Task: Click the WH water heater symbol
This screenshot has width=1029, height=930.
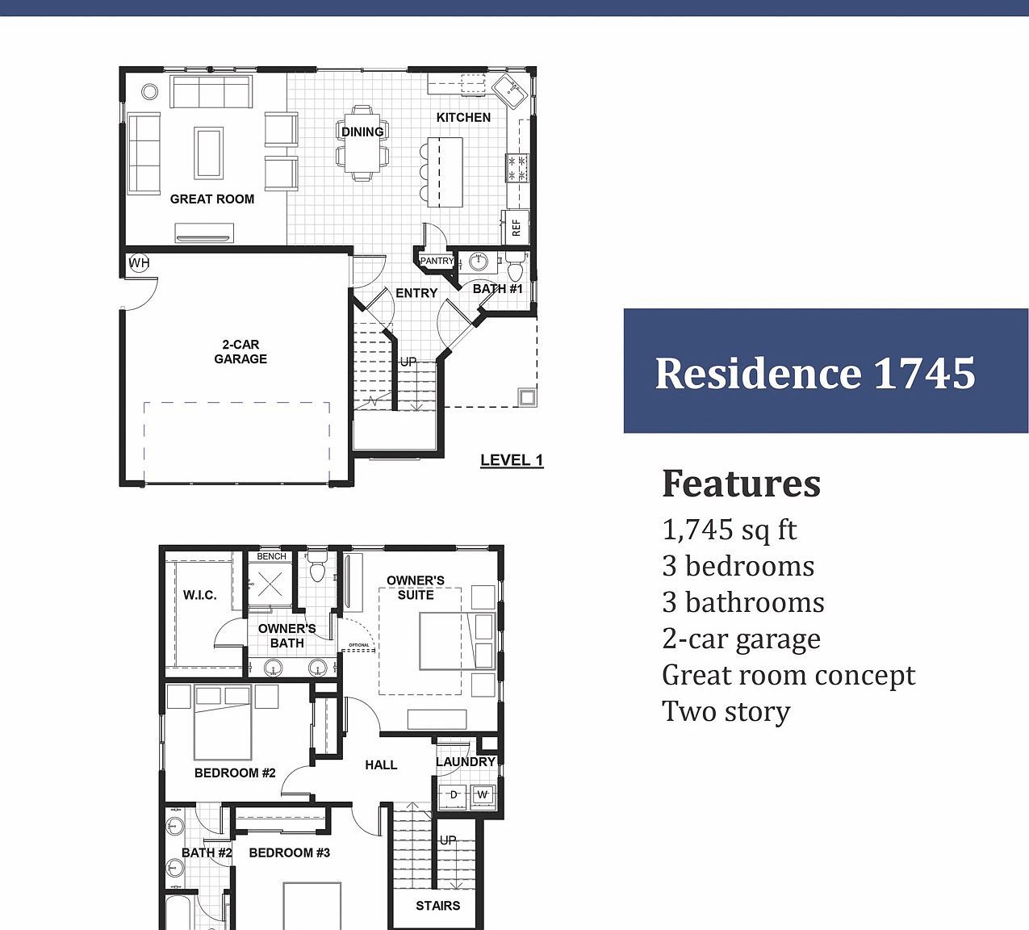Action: point(139,263)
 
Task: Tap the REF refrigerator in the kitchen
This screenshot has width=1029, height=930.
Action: point(516,227)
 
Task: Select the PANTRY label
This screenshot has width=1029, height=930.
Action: point(437,262)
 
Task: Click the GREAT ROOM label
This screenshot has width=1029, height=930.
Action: point(212,199)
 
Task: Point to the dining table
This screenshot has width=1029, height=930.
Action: point(362,142)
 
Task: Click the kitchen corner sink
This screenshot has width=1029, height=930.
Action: point(510,90)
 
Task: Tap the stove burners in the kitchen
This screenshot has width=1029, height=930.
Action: point(517,168)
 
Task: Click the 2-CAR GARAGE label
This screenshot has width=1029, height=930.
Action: point(241,352)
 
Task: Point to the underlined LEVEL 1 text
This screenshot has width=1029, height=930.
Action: point(512,460)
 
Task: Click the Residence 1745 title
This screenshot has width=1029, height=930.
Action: point(815,373)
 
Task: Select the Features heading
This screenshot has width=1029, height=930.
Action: point(741,484)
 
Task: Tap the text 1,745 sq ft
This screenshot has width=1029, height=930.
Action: point(730,530)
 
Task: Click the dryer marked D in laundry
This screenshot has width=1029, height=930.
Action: point(454,795)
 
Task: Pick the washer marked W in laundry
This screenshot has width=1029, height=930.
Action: point(483,795)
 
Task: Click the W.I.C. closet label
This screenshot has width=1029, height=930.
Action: point(199,596)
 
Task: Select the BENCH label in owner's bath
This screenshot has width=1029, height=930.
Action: point(271,556)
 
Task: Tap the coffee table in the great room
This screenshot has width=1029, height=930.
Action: point(209,152)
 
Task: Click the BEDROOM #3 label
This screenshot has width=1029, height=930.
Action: point(289,852)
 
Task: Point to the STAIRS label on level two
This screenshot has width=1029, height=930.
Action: point(437,906)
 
